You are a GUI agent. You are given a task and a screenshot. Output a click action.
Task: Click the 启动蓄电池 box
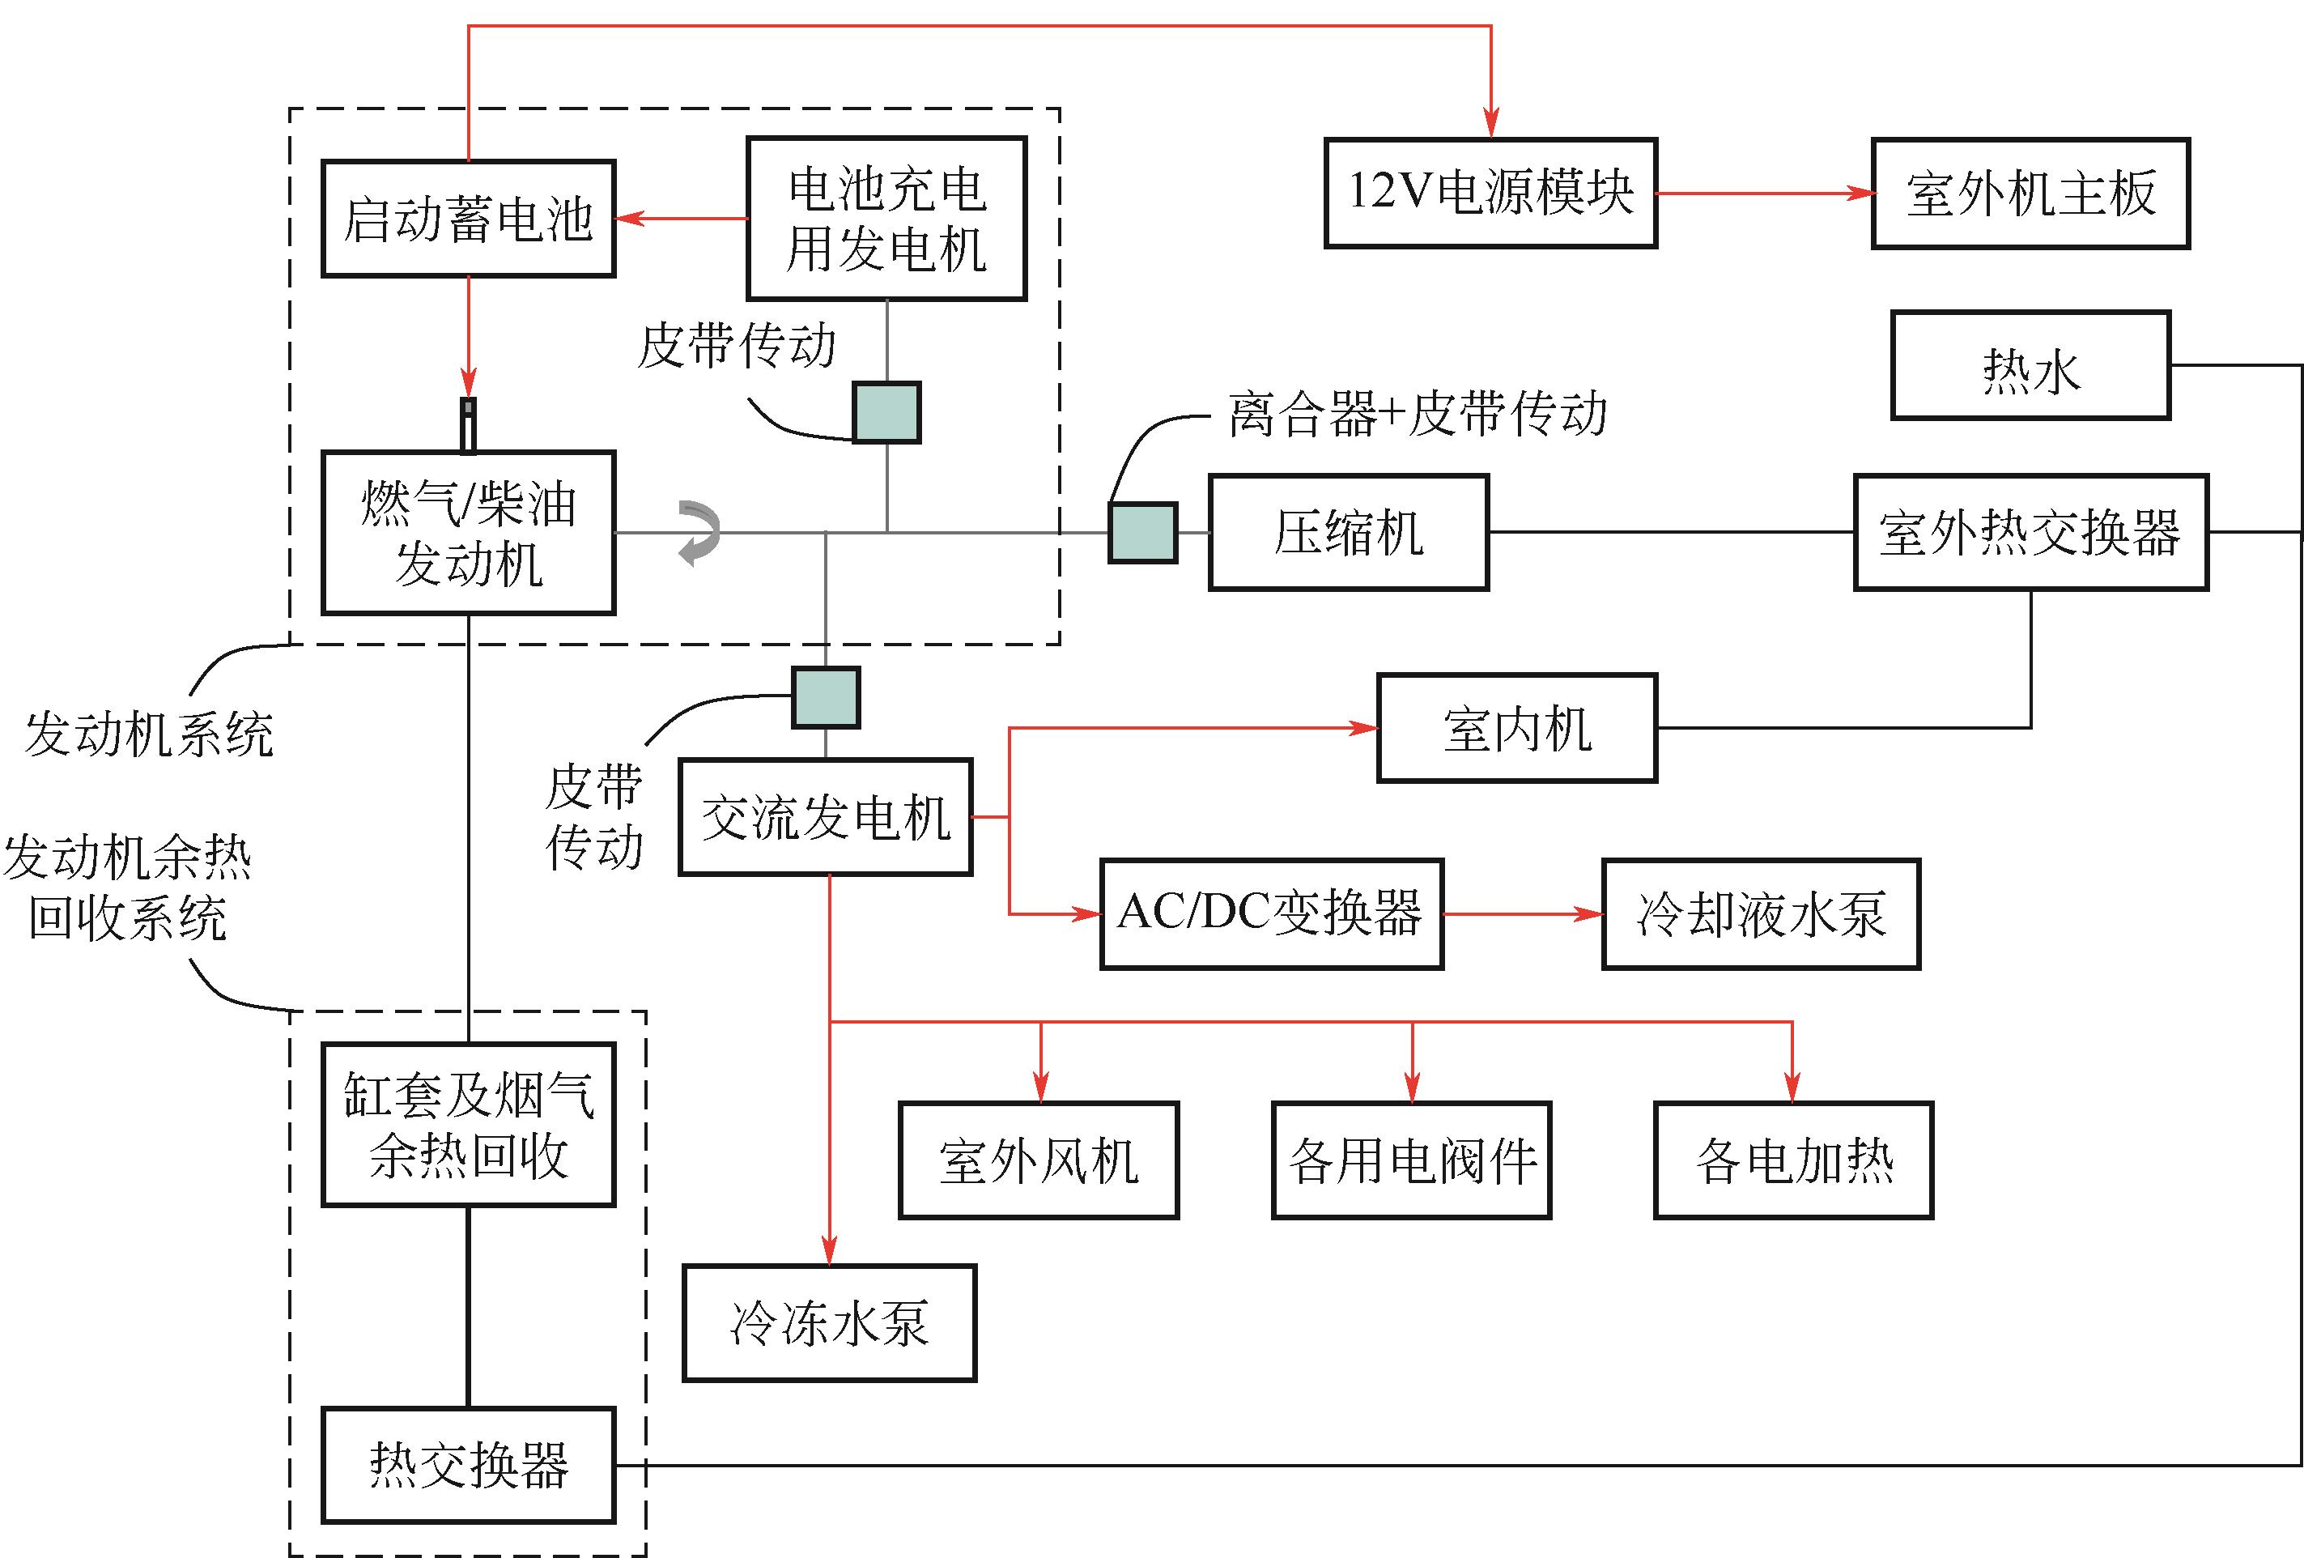[468, 218]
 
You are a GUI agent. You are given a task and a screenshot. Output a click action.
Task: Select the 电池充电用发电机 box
[886, 218]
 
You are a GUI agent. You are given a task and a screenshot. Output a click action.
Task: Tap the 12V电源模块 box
[1490, 193]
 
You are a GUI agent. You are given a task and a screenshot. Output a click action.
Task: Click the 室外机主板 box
[2030, 194]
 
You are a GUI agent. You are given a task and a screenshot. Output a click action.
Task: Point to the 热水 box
[2030, 366]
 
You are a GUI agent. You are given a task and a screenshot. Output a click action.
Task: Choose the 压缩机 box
[1348, 533]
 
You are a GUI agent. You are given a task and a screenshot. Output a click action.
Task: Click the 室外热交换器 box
[2030, 533]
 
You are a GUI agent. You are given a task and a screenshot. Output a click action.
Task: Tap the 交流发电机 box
[825, 817]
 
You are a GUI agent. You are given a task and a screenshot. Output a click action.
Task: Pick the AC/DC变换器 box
[1271, 913]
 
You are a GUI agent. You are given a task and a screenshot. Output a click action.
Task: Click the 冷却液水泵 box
[1761, 913]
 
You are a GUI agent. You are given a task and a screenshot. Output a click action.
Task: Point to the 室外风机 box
[1038, 1160]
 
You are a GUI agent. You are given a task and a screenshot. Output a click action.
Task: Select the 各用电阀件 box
[1411, 1160]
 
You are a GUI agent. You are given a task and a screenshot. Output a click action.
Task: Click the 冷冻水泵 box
[829, 1323]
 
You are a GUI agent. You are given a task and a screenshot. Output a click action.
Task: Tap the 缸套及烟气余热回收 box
[468, 1125]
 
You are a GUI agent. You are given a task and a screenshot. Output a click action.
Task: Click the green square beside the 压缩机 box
[1142, 533]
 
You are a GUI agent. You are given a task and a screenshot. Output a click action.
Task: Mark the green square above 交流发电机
[825, 697]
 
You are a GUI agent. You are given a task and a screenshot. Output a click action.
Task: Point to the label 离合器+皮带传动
[1417, 414]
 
